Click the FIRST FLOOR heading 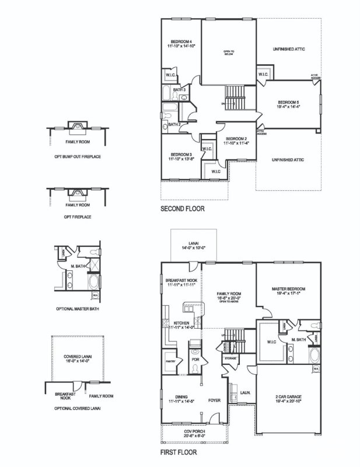[178, 451]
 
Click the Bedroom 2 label [236, 138]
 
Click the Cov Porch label [195, 432]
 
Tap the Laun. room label [246, 393]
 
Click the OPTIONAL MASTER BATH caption [76, 308]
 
